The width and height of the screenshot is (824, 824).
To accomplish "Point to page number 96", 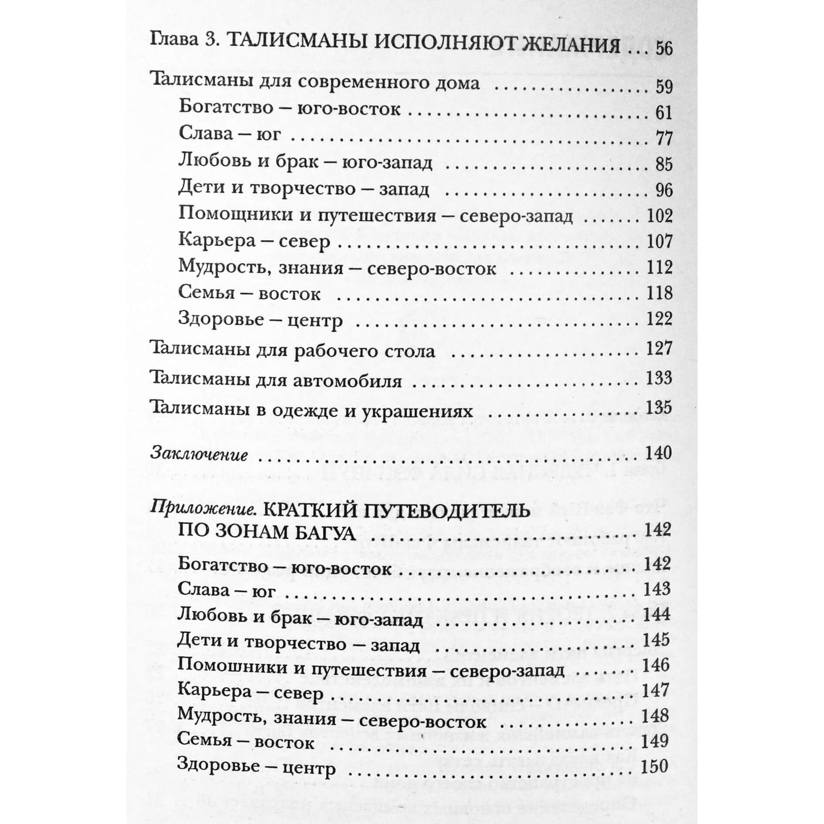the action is tap(664, 189).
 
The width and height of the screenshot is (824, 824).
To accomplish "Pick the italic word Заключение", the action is tap(199, 455).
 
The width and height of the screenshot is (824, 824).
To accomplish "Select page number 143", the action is tap(655, 588).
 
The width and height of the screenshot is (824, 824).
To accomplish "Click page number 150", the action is tap(655, 766).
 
